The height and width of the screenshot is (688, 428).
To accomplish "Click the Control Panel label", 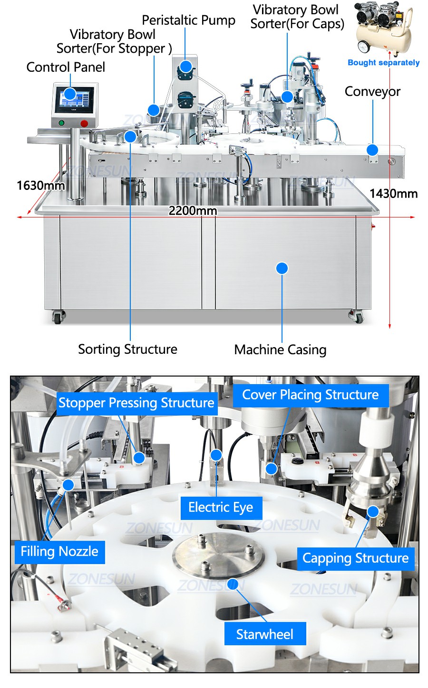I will coord(66,67).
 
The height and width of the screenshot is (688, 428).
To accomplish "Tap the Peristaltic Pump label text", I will coord(188,20).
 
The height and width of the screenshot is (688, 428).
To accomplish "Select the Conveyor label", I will coord(372,92).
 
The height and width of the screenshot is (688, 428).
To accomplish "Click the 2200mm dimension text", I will coord(193,210).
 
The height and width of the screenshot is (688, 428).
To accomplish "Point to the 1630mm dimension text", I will coord(40,185).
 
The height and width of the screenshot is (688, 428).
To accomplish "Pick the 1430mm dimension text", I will coord(393,193).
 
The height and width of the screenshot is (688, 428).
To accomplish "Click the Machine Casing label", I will coord(280,350).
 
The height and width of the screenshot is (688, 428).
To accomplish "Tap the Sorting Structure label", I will coord(127,349).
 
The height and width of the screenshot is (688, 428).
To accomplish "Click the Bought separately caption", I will coord(383,63).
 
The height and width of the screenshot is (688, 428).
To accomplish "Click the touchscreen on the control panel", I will coord(74,100).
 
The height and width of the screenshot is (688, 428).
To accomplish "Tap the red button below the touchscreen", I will coord(84,123).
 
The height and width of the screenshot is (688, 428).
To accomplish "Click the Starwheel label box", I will coord(265,634).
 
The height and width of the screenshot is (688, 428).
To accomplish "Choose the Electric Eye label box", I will coord(221,508).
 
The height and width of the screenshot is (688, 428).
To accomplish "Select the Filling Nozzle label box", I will coord(59,552).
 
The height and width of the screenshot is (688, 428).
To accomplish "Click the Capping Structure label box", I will coord(355,558).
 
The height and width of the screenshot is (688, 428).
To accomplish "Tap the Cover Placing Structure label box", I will coord(310,395).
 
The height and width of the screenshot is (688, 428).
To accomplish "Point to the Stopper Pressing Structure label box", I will coord(136,403).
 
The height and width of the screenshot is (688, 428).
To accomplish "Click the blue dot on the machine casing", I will coord(282,268).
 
